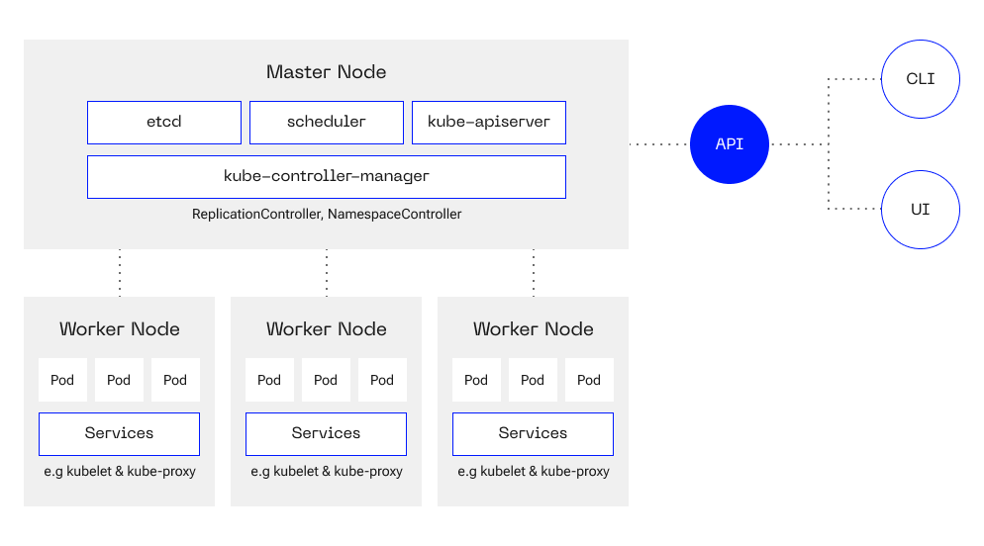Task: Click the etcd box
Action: [x=163, y=123]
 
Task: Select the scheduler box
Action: [x=327, y=123]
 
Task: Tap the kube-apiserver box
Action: [x=489, y=123]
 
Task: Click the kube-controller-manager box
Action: [x=327, y=177]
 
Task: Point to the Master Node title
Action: [x=327, y=72]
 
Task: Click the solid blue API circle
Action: [x=730, y=144]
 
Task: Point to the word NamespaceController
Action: [x=395, y=215]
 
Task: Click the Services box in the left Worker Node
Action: [x=119, y=434]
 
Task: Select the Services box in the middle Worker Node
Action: [x=327, y=434]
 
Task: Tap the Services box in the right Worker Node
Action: [x=533, y=434]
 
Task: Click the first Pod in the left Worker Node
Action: [x=62, y=380]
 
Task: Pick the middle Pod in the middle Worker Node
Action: [x=327, y=380]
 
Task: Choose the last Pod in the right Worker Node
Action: [x=589, y=380]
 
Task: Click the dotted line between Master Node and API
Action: [x=659, y=144]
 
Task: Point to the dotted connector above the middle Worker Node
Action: [x=327, y=273]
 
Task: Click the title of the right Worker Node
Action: [x=534, y=329]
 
